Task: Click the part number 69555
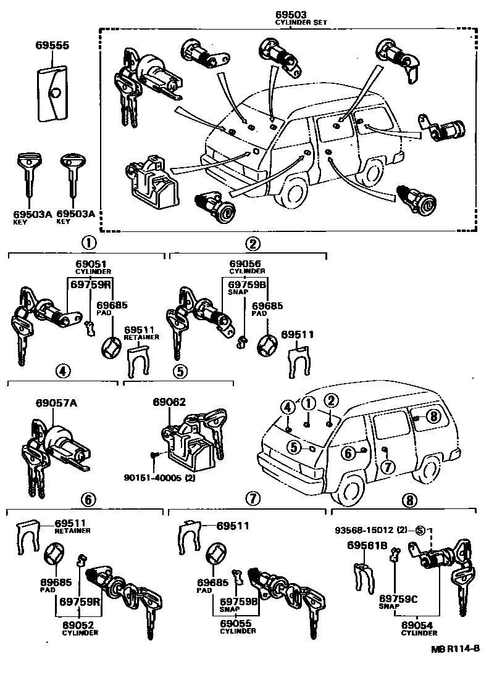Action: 51,46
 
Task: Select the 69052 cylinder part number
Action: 79,624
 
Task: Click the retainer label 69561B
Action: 367,545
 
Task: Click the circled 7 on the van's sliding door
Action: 388,466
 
